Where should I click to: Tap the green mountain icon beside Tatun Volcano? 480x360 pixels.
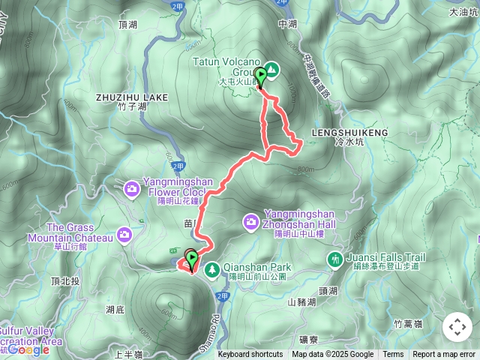pyautogui.click(x=272, y=70)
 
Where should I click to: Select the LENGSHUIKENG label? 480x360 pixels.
pyautogui.click(x=358, y=132)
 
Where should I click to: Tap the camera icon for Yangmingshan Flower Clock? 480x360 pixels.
pyautogui.click(x=132, y=188)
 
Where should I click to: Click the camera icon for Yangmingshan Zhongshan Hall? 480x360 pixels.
pyautogui.click(x=250, y=220)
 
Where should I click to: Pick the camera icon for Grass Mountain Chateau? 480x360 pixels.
pyautogui.click(x=124, y=235)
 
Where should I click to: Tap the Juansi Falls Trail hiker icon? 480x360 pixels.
pyautogui.click(x=334, y=259)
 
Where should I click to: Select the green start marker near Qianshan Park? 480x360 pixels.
pyautogui.click(x=192, y=260)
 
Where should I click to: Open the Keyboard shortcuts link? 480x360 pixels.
pyautogui.click(x=250, y=355)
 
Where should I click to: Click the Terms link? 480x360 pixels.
pyautogui.click(x=393, y=355)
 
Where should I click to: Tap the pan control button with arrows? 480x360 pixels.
pyautogui.click(x=457, y=327)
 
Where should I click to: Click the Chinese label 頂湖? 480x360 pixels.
pyautogui.click(x=128, y=25)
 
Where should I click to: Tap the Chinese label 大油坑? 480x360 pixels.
pyautogui.click(x=463, y=13)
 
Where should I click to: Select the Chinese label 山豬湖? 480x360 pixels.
pyautogui.click(x=302, y=302)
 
